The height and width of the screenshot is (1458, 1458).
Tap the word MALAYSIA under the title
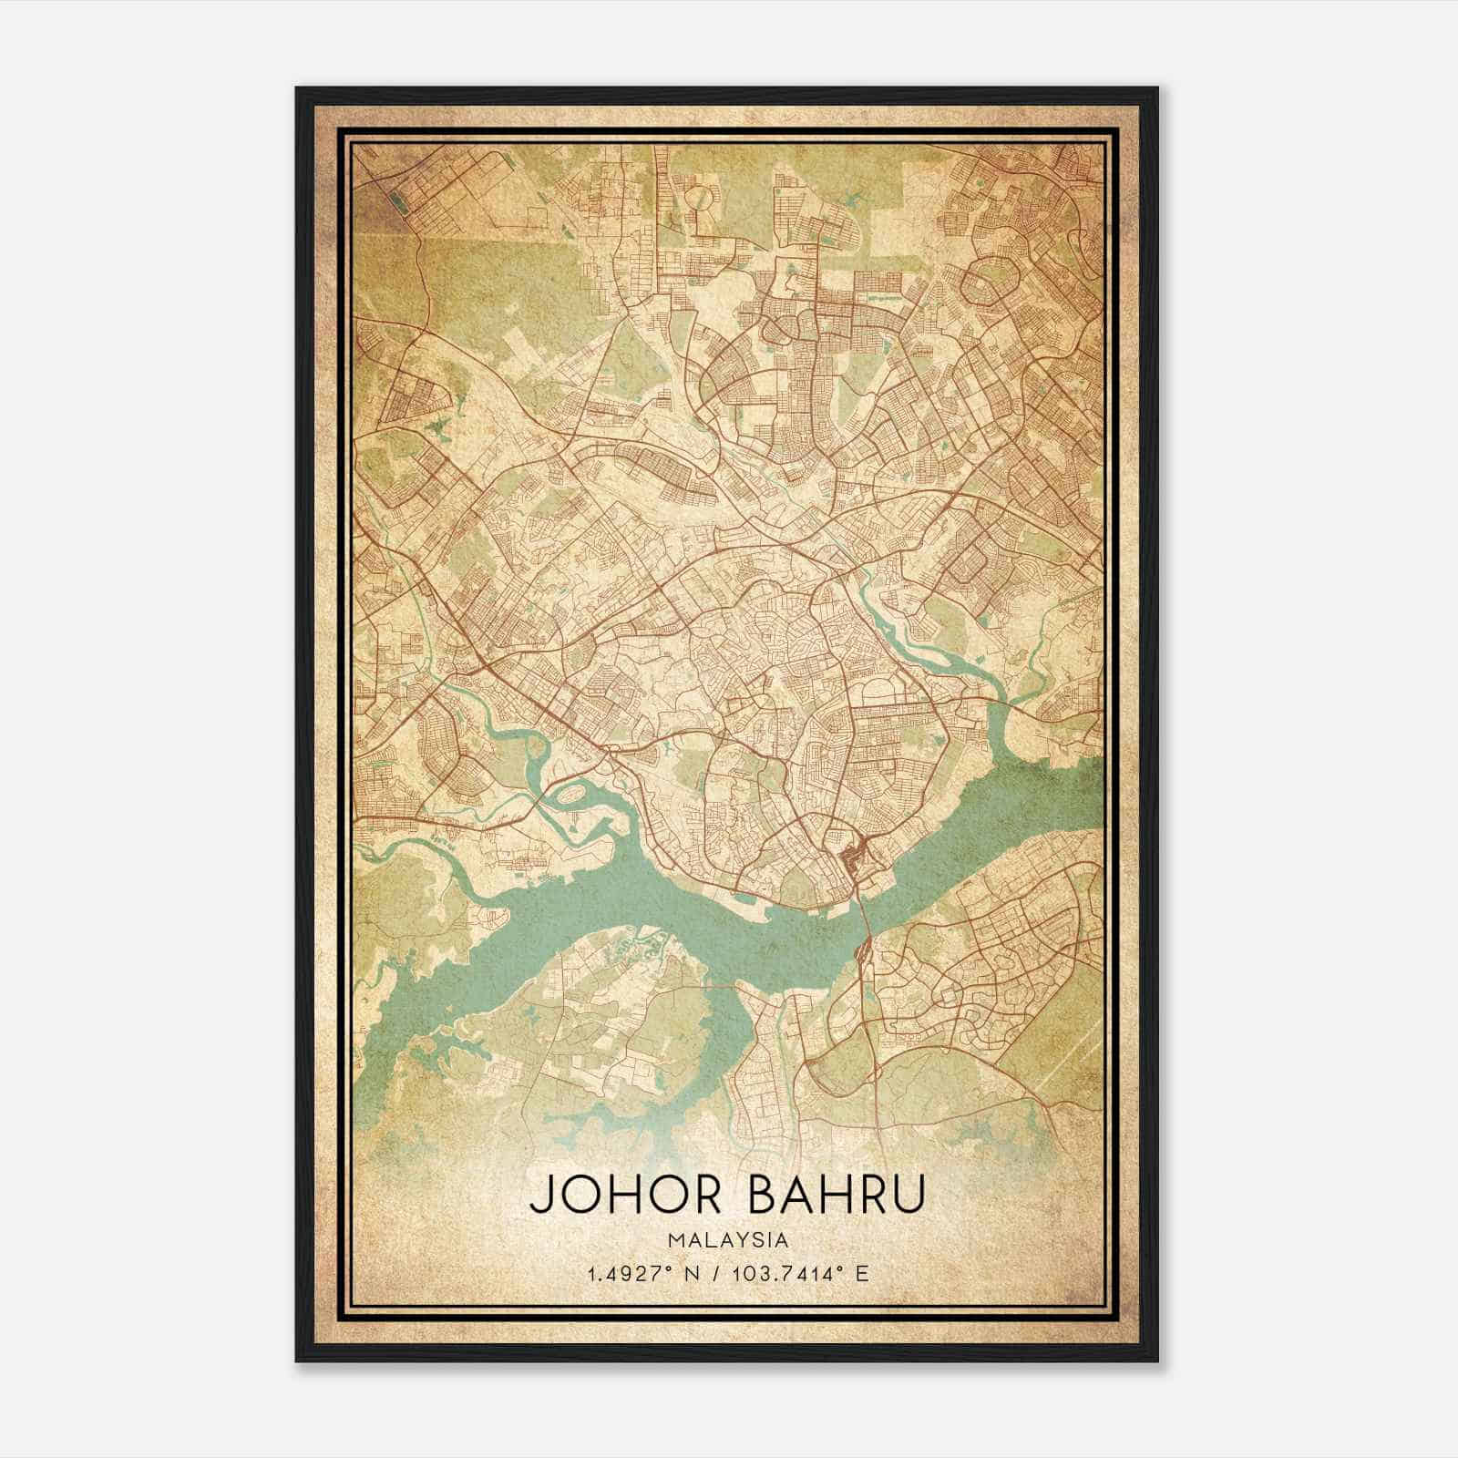(x=728, y=1239)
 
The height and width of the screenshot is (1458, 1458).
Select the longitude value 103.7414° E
(x=802, y=1273)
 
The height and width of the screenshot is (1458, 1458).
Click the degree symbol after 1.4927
(x=653, y=1268)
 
